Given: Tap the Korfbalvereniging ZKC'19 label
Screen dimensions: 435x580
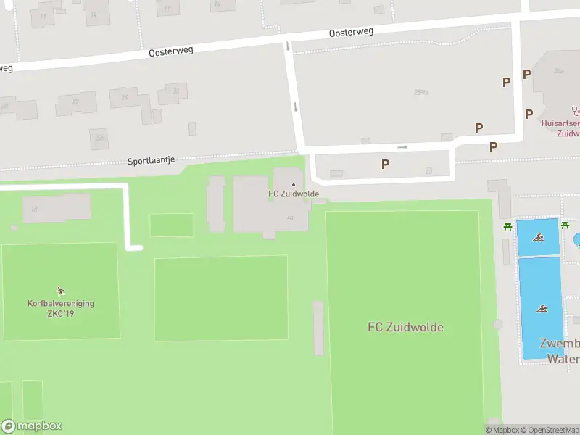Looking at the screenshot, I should coord(61,308).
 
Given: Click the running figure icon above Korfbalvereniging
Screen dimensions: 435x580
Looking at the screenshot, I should coord(60,291).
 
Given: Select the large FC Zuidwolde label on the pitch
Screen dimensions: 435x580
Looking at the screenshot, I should coord(405,327).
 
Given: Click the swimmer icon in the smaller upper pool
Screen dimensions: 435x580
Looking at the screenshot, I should coord(539,237).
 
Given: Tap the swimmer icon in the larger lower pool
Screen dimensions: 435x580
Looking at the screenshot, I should coord(541,309).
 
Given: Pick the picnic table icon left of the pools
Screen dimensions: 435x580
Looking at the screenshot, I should coord(508,226).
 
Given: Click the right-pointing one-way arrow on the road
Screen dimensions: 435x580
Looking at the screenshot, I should coord(402,147).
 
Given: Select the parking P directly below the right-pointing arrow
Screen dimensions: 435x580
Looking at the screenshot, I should coord(385,165).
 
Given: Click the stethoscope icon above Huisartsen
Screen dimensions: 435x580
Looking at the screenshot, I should coord(576,111).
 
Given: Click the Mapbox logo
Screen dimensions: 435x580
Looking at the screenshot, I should coord(31,426).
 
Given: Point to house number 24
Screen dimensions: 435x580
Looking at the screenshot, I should coord(125,97).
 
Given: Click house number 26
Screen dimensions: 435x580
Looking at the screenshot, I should coord(175,91).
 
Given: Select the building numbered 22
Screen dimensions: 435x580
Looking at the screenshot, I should coord(75,102).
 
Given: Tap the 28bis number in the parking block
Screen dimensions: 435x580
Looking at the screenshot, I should coord(420,92).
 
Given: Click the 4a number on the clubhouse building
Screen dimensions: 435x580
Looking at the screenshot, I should coord(290,217).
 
